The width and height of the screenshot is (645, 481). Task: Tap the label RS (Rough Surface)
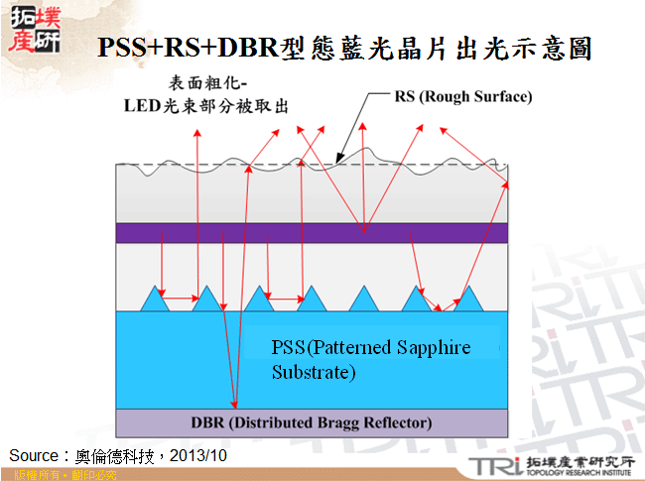[463, 97]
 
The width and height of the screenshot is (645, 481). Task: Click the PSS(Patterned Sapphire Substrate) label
[370, 360]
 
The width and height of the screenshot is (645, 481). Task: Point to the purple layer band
[313, 232]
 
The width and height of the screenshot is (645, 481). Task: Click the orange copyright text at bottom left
[64, 475]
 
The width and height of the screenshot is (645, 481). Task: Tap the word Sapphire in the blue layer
[435, 348]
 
